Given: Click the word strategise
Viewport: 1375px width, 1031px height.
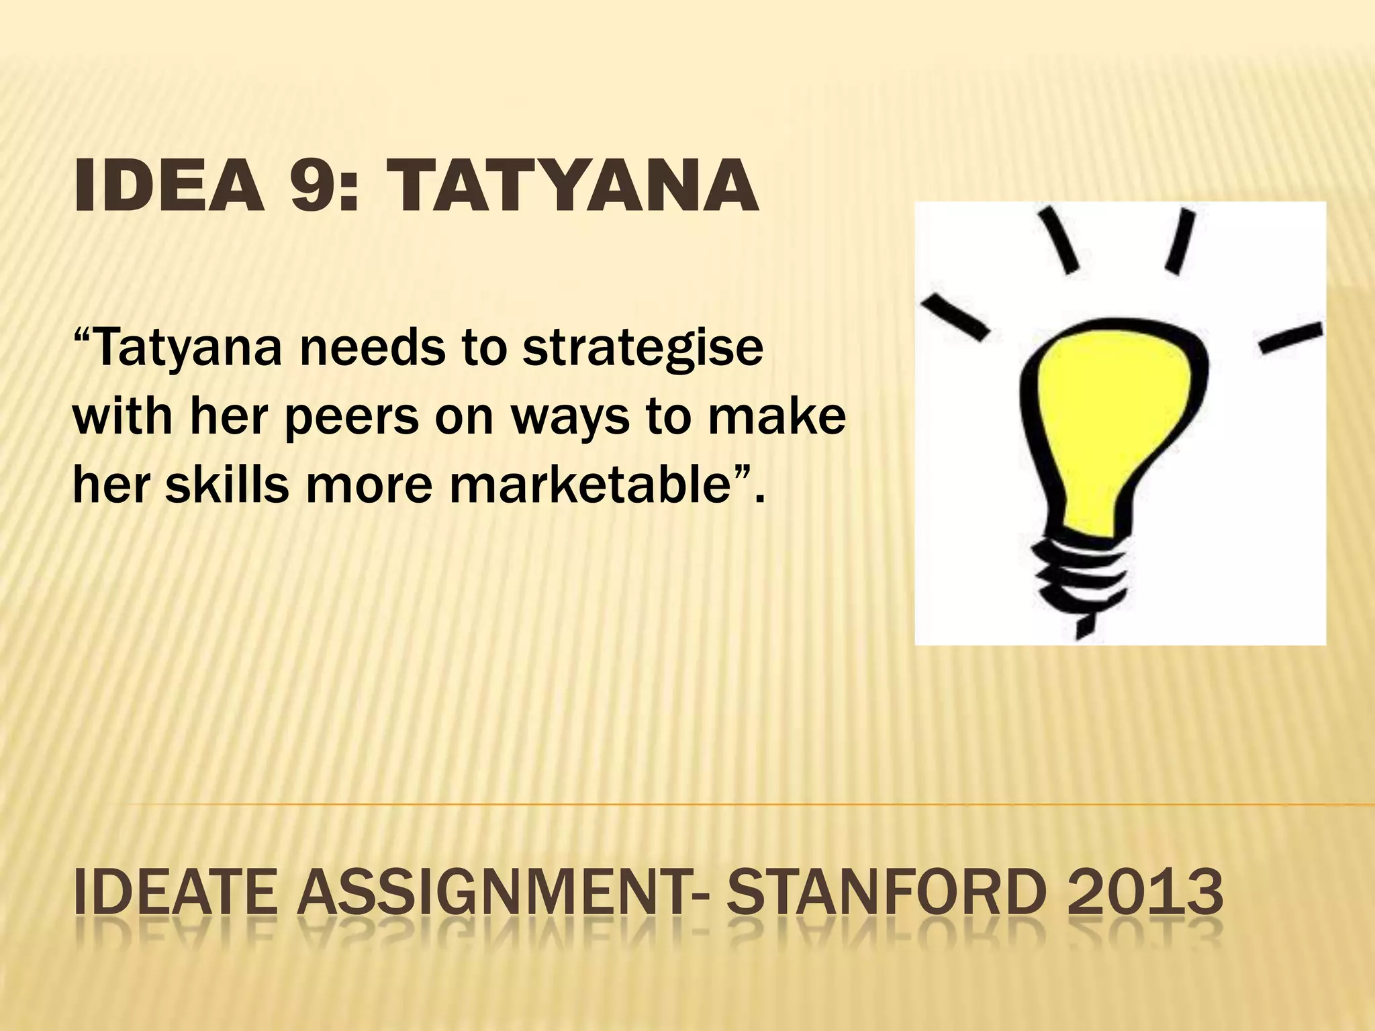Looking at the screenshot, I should coord(643,349).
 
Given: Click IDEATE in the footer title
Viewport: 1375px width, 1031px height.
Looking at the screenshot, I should coord(176,892).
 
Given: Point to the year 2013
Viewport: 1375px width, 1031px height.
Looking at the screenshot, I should coord(1149,892).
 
